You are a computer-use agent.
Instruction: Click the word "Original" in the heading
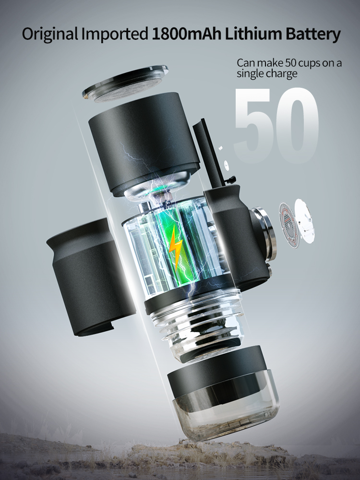50,34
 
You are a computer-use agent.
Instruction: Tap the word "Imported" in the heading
115,34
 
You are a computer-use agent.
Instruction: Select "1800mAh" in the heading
186,34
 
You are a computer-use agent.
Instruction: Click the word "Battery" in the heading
313,34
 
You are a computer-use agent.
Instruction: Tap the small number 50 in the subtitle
291,63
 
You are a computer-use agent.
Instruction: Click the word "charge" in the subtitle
282,74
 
